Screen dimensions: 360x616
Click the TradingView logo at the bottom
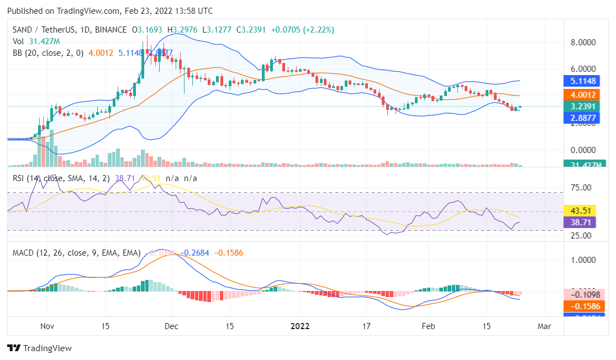click(x=39, y=348)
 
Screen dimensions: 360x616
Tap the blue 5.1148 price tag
click(x=584, y=81)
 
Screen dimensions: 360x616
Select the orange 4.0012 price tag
click(x=584, y=95)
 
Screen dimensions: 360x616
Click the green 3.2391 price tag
click(x=584, y=107)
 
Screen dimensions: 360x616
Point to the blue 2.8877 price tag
click(x=584, y=118)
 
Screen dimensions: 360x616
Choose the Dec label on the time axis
click(x=171, y=326)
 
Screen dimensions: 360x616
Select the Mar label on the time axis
click(x=544, y=326)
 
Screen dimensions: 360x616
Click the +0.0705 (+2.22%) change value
click(x=303, y=30)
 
